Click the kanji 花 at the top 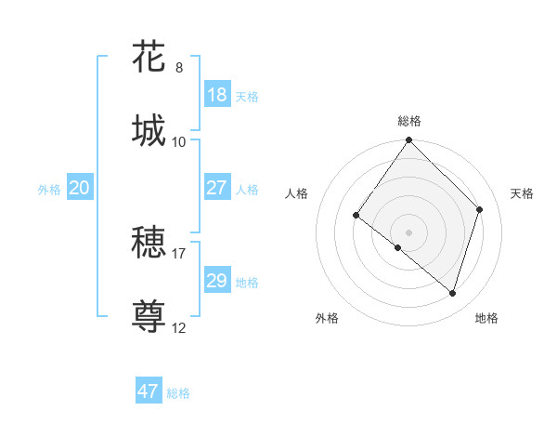pyautogui.click(x=149, y=56)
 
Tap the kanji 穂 pyautogui.click(x=149, y=243)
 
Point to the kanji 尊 pyautogui.click(x=149, y=316)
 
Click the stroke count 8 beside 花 pyautogui.click(x=179, y=68)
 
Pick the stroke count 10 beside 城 pyautogui.click(x=179, y=142)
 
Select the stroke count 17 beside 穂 pyautogui.click(x=179, y=253)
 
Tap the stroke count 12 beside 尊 pyautogui.click(x=179, y=327)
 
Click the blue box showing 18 pyautogui.click(x=217, y=95)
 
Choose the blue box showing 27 pyautogui.click(x=217, y=188)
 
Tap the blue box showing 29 pyautogui.click(x=217, y=281)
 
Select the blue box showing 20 pyautogui.click(x=80, y=188)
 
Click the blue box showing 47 pyautogui.click(x=149, y=391)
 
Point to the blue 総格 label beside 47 pyautogui.click(x=178, y=393)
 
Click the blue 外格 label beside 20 pyautogui.click(x=49, y=190)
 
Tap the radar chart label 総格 pyautogui.click(x=409, y=121)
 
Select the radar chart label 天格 pyautogui.click(x=523, y=193)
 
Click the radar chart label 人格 pyautogui.click(x=297, y=193)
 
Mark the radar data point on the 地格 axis pyautogui.click(x=453, y=293)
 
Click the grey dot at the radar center pyautogui.click(x=409, y=232)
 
